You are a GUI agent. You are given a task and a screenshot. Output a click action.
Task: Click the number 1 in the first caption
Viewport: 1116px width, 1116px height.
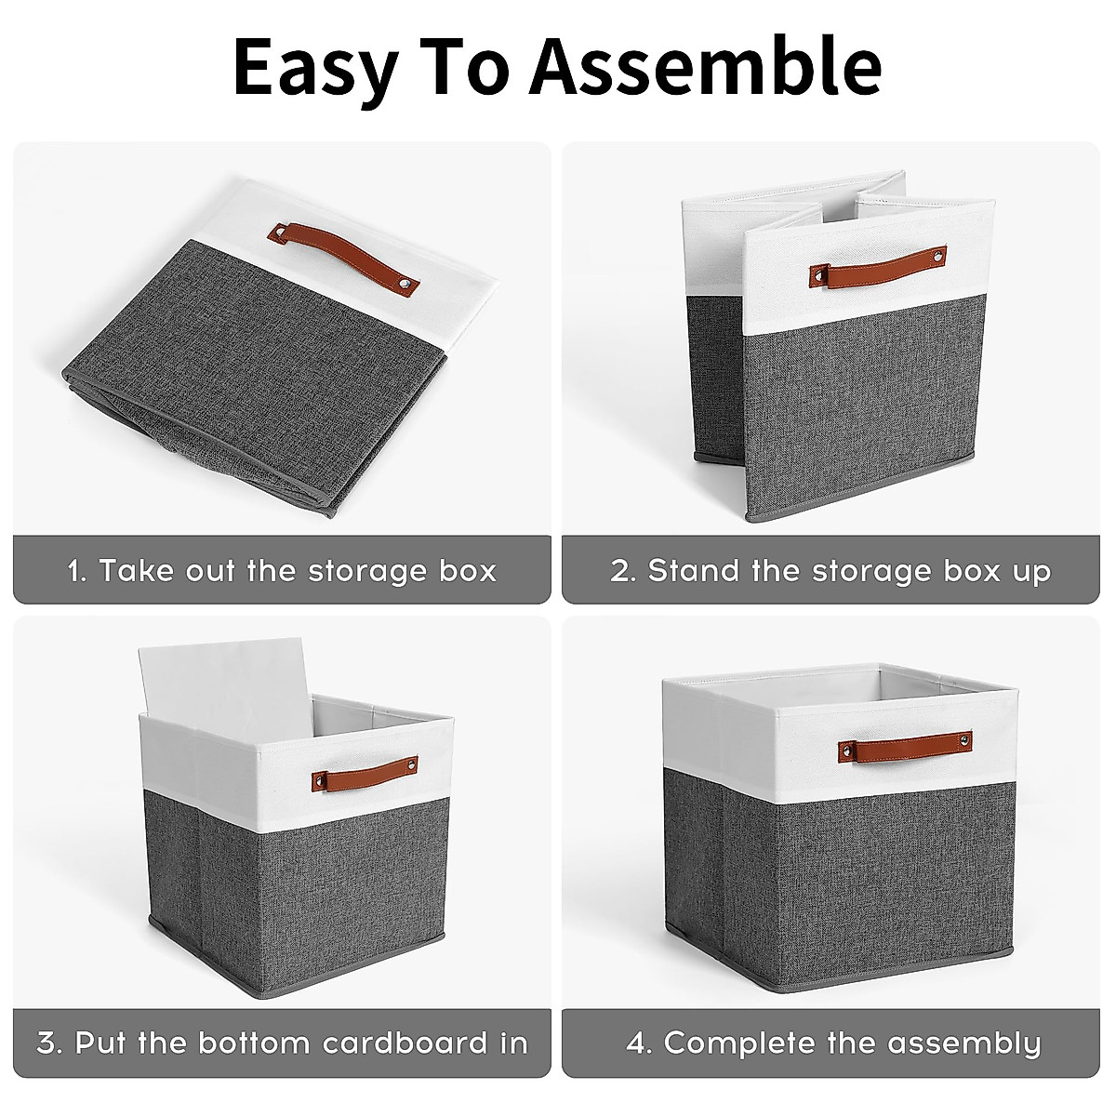click(75, 571)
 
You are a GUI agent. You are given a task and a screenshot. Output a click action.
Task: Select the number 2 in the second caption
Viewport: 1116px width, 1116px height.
click(620, 571)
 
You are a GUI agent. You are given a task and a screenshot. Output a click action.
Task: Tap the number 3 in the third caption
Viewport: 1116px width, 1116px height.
click(47, 1043)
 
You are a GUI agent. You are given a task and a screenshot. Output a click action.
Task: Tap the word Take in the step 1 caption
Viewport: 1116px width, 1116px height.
click(135, 571)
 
